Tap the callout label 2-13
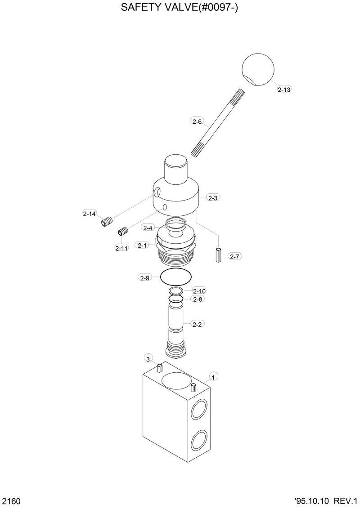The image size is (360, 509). point(284,89)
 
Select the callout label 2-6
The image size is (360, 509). point(198,121)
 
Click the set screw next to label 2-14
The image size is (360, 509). point(107,222)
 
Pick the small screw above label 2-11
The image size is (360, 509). point(123,232)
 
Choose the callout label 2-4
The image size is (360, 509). point(148,228)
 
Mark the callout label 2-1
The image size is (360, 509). point(143,246)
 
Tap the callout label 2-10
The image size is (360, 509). point(199,291)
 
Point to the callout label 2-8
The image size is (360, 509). point(198,299)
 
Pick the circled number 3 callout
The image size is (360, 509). point(148,358)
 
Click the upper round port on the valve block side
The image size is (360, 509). point(199,410)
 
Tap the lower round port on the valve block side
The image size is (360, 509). point(199,441)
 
